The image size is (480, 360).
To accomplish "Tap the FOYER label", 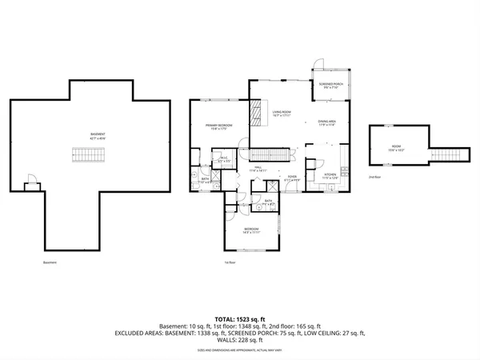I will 292,178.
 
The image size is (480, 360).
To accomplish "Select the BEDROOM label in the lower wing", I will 252,230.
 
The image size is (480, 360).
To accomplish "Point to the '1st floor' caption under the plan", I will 230,262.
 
